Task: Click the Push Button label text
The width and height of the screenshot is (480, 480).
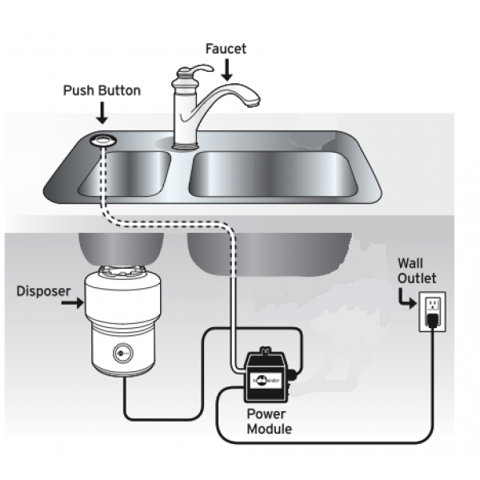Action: click(x=102, y=90)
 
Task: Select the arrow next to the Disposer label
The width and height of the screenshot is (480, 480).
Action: click(x=73, y=303)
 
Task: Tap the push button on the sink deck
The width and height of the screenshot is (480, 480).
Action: click(x=102, y=140)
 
